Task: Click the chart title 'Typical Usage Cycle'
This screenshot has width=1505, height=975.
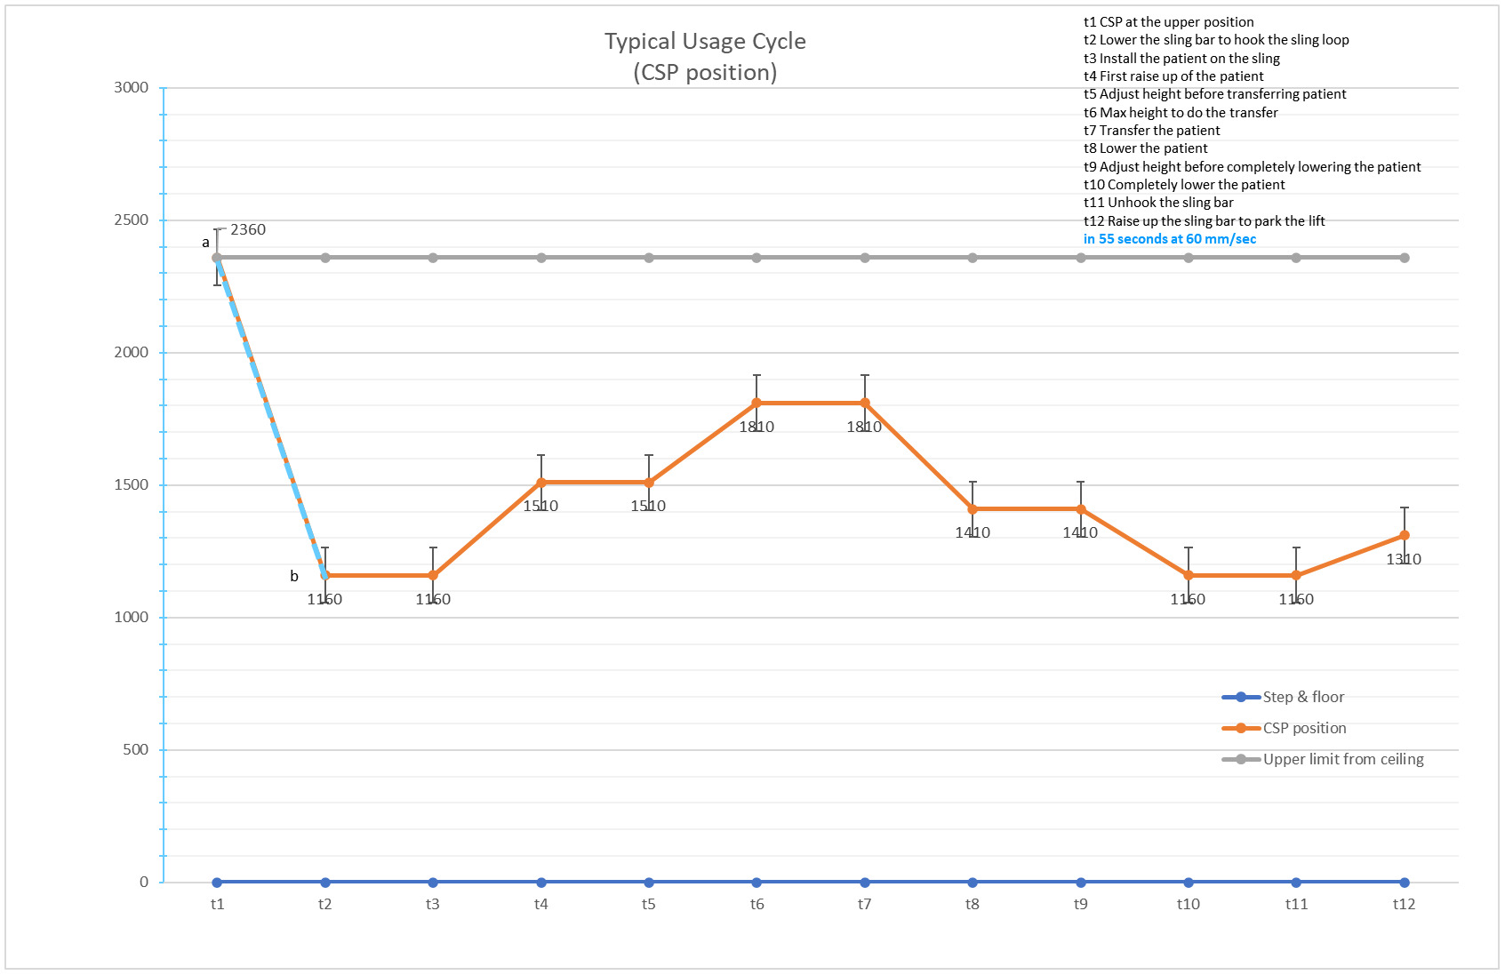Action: pos(705,42)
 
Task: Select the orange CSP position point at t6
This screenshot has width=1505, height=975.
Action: pos(757,403)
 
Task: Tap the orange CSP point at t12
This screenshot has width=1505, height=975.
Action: pos(1405,535)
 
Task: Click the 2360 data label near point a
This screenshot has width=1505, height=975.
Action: pos(248,230)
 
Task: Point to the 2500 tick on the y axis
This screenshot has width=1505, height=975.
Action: pos(132,220)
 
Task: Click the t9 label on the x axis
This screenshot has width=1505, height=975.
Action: pos(1080,904)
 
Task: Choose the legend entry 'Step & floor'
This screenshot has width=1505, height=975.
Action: pos(1284,697)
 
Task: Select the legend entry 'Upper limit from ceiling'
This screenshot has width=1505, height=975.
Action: pos(1323,759)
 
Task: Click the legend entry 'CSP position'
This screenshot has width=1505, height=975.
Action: pos(1285,728)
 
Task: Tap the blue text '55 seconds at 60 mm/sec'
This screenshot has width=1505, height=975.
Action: pos(1177,238)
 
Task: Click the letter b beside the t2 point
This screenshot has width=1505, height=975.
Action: pos(294,576)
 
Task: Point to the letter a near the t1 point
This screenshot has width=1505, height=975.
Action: pos(205,243)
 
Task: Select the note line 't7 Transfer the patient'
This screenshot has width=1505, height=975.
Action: pos(1151,131)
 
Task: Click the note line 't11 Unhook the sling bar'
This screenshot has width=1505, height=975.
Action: pos(1158,203)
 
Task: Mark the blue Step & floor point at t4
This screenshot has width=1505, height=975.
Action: pos(540,883)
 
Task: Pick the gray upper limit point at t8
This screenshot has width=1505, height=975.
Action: pos(973,258)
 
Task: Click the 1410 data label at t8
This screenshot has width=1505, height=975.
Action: pos(973,533)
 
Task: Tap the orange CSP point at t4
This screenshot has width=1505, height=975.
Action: pos(540,483)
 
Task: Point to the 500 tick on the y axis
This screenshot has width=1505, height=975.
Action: pos(136,749)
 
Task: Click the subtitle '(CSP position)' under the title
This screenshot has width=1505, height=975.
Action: pos(705,73)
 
